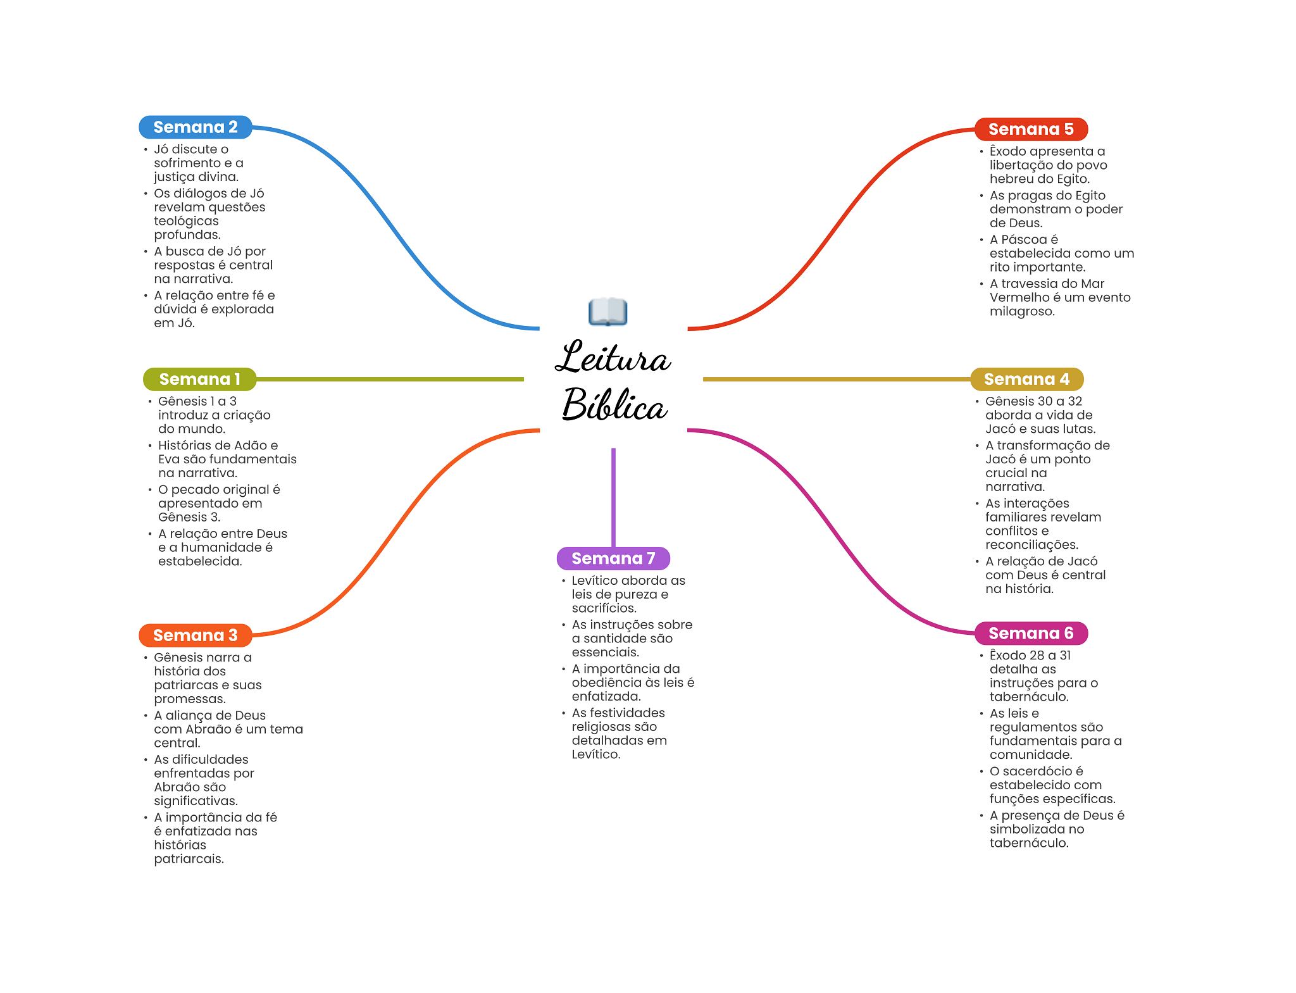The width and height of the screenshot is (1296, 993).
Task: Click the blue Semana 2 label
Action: point(195,127)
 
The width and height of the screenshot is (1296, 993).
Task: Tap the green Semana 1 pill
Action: point(199,379)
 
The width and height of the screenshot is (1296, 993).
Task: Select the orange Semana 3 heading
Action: point(195,635)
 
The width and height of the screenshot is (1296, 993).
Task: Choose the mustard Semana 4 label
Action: point(1026,379)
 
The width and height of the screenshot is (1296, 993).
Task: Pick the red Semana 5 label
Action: point(1031,129)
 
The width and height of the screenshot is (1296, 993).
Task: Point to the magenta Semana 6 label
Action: point(1031,633)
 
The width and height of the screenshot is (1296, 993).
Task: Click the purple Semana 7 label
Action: point(613,558)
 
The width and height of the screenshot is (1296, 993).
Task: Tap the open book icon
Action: point(607,312)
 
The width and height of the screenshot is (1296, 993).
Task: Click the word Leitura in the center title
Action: point(613,358)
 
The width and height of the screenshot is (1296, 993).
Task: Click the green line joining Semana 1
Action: point(389,379)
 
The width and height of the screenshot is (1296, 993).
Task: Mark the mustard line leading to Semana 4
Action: point(835,379)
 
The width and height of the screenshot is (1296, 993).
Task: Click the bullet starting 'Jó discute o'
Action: point(198,163)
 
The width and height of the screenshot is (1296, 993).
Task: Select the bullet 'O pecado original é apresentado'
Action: point(219,503)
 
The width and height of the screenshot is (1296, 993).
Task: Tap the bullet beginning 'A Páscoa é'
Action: point(1061,253)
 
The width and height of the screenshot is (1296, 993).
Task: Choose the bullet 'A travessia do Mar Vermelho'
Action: point(1059,297)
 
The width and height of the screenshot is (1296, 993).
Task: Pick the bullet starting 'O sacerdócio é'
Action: point(1052,785)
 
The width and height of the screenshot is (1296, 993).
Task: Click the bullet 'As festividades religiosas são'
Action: point(619,734)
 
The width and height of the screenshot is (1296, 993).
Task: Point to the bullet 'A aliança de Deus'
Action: point(228,729)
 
